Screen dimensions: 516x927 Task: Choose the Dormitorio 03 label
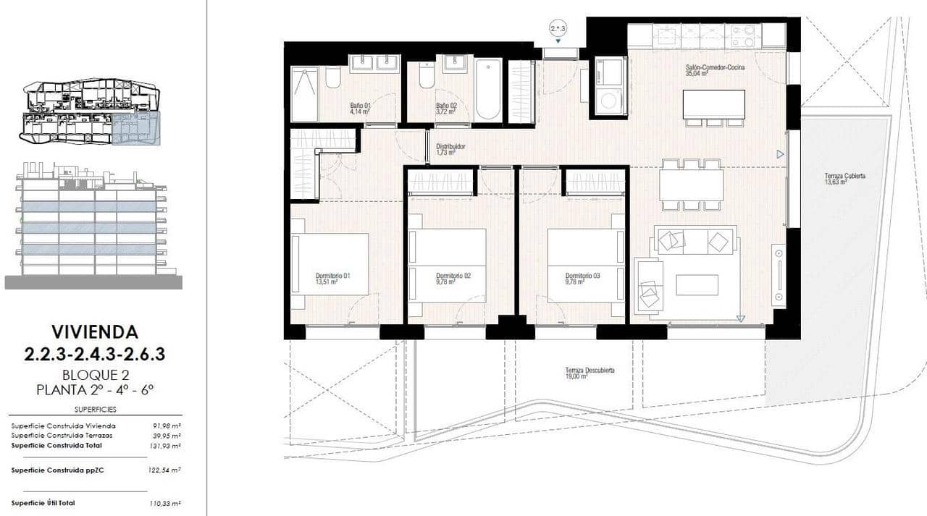(583, 279)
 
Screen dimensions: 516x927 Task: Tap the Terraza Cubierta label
(844, 179)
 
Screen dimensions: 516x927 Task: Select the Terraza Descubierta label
(590, 373)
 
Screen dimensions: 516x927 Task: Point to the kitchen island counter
(714, 103)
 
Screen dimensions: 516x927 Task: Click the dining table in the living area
(691, 185)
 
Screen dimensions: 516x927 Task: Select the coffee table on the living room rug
(697, 284)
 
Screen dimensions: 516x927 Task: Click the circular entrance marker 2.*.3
(558, 29)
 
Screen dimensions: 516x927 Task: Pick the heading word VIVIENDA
(94, 332)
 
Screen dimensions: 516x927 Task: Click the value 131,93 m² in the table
(167, 446)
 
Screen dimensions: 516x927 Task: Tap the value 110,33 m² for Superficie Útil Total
(167, 503)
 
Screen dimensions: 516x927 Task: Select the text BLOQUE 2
(94, 375)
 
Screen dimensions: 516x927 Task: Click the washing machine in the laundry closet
(608, 100)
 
